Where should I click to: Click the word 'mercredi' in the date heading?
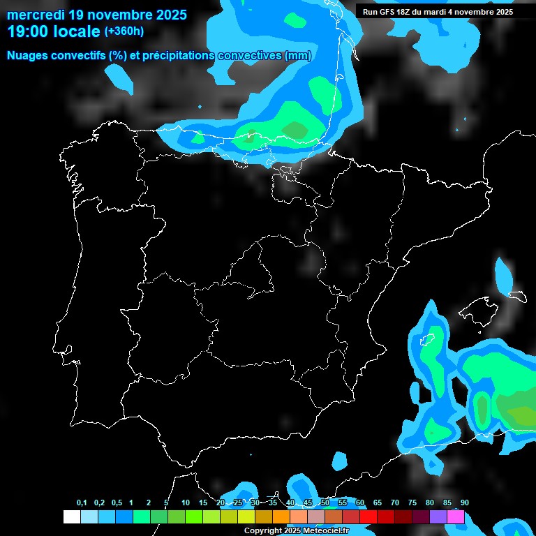(x=36, y=15)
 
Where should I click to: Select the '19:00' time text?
(x=28, y=31)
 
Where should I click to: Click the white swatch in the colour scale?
(x=72, y=517)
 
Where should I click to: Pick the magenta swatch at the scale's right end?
(x=456, y=517)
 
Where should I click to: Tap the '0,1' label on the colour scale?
(x=82, y=503)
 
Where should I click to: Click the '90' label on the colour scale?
(x=465, y=503)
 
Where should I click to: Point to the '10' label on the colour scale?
(x=186, y=503)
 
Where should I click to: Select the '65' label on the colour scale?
(x=378, y=503)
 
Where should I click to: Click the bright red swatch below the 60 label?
(x=368, y=517)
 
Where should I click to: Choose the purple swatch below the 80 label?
(x=438, y=517)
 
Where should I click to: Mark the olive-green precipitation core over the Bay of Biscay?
(x=296, y=130)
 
